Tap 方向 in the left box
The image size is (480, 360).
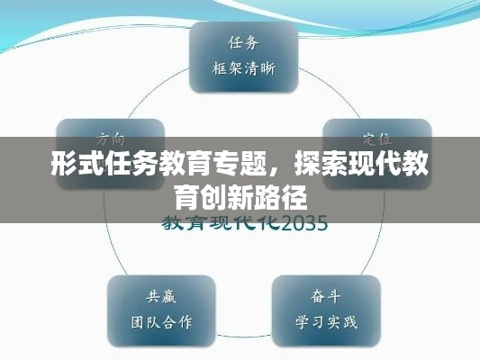(111, 140)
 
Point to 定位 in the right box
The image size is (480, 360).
(376, 140)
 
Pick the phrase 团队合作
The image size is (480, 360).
(160, 320)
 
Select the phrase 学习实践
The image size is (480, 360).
(326, 320)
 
